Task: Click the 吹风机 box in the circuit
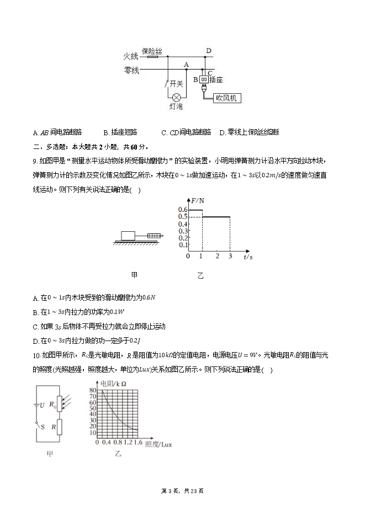click(227, 98)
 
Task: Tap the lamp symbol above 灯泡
click(177, 96)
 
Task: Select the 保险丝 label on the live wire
click(151, 51)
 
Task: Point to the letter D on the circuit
click(209, 51)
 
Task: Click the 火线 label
click(130, 56)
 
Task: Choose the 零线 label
click(131, 70)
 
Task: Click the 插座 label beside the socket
click(216, 80)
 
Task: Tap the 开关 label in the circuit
click(176, 83)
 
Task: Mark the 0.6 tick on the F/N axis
click(182, 210)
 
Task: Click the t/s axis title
click(248, 257)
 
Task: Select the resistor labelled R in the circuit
click(59, 427)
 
